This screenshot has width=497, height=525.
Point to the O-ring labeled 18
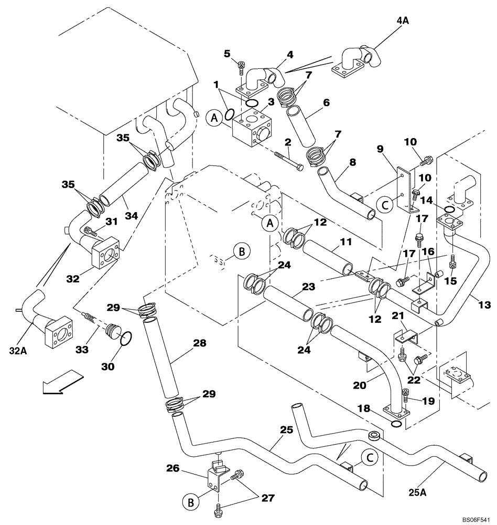click(x=397, y=424)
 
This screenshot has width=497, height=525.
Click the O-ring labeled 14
click(x=449, y=210)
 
